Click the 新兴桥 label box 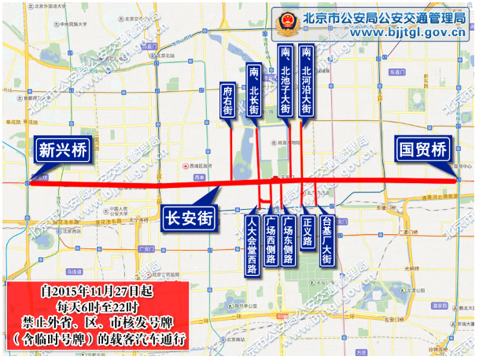coord(61,149)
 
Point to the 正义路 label coord(308,231)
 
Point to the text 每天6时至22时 coord(97,307)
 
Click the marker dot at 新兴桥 coord(28,182)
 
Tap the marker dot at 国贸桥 coord(459,181)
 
